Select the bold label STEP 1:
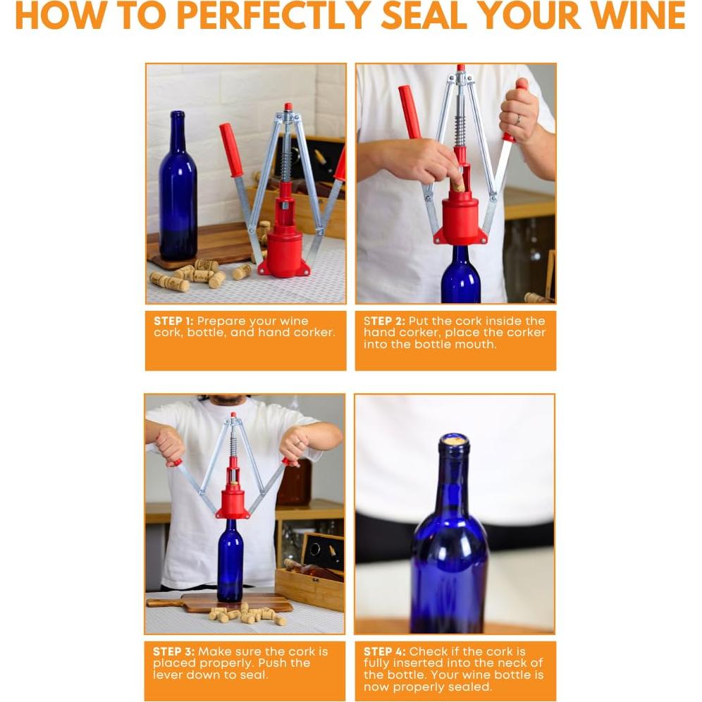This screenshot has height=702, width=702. pyautogui.click(x=173, y=321)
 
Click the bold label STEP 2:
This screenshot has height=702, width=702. pyautogui.click(x=384, y=321)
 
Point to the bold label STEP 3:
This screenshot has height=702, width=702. pyautogui.click(x=173, y=651)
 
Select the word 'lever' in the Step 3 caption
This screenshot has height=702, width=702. pyautogui.click(x=167, y=675)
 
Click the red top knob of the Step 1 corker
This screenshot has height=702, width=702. pyautogui.click(x=288, y=107)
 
